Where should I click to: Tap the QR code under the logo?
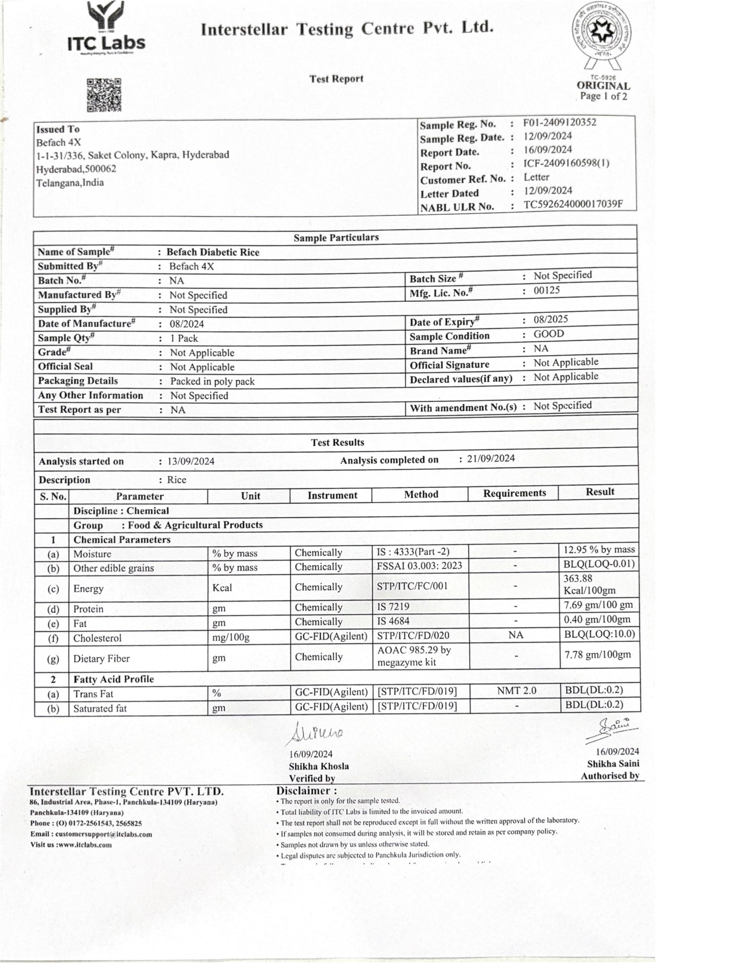(x=104, y=95)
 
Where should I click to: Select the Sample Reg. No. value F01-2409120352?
(x=559, y=123)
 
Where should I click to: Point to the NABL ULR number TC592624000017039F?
(x=573, y=205)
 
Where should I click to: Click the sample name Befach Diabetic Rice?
(x=213, y=252)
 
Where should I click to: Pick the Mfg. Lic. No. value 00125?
(x=547, y=290)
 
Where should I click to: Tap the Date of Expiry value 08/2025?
(x=550, y=319)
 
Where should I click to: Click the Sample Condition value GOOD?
(x=549, y=334)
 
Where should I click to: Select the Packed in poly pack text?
(x=212, y=381)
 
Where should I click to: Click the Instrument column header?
(x=332, y=495)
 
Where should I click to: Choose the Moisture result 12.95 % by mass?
(x=599, y=550)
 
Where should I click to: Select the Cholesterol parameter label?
(x=97, y=638)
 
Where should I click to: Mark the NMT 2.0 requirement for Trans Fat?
(x=516, y=691)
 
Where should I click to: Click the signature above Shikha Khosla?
(x=316, y=733)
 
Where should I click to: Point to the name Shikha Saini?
(x=613, y=764)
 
